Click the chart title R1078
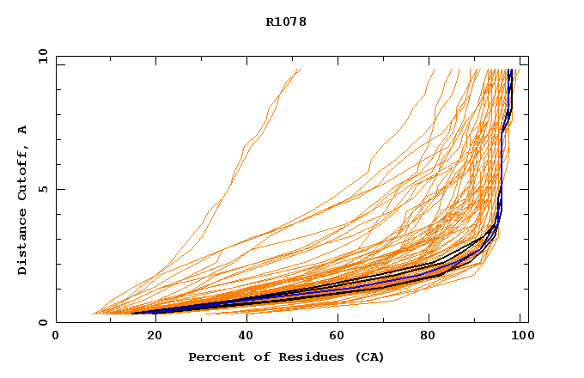[x=286, y=21]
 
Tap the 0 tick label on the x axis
[x=56, y=336]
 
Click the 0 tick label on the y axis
[x=42, y=322]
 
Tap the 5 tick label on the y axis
[x=42, y=189]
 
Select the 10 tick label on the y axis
[x=42, y=56]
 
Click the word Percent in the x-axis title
[x=215, y=357]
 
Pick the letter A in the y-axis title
[x=23, y=130]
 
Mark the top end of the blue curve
[x=510, y=70]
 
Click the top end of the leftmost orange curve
[x=301, y=70]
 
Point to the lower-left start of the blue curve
[x=132, y=313]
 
